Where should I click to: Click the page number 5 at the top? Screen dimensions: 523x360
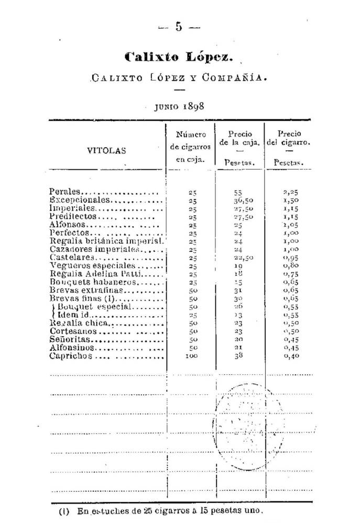pos(179,27)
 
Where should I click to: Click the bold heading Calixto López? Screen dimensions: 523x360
pos(178,57)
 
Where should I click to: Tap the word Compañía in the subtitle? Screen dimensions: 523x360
pos(233,79)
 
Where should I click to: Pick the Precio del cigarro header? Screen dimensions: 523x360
pos(289,138)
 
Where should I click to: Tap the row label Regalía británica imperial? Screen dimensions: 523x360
pos(106,241)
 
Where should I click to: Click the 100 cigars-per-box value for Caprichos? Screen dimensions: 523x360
pos(191,357)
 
